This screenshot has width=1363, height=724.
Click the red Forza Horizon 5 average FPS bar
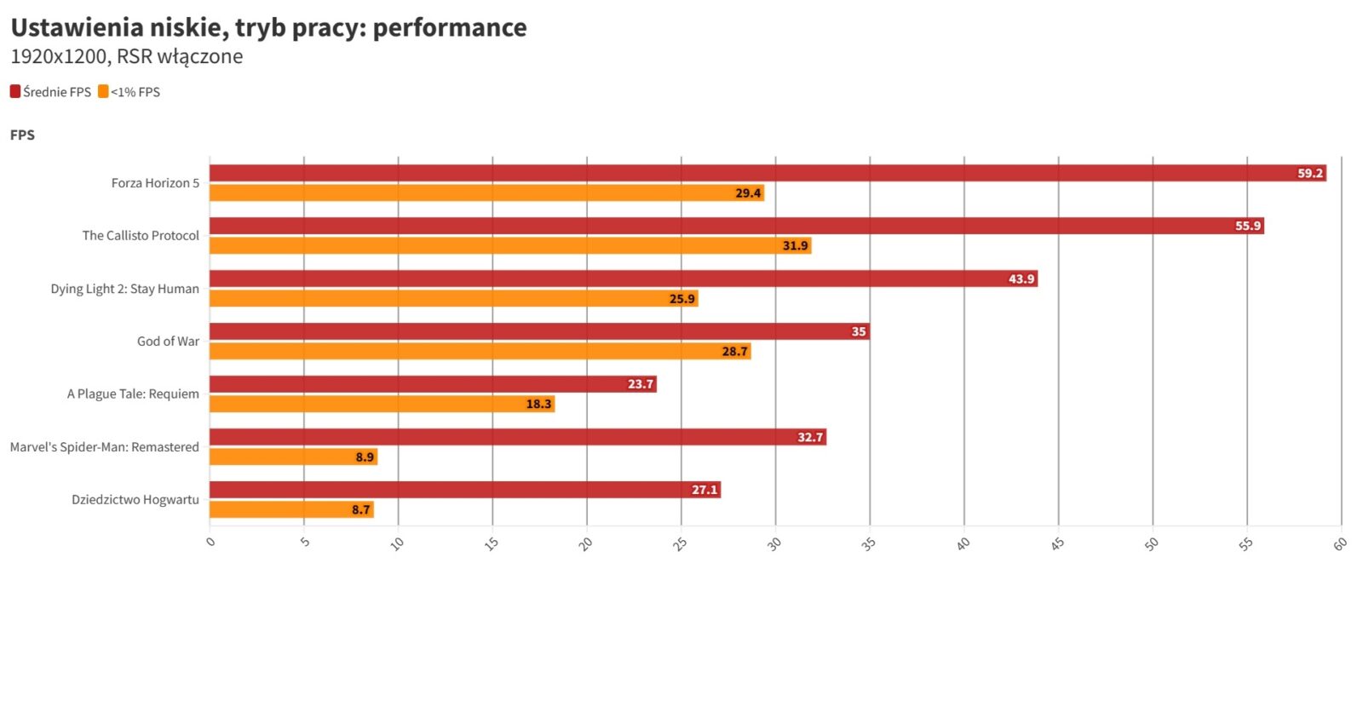pos(767,173)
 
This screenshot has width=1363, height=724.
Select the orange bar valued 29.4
pos(486,193)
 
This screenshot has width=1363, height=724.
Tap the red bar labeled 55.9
pos(736,226)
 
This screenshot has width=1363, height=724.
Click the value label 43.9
pos(1021,279)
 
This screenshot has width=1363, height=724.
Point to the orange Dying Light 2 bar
pos(453,299)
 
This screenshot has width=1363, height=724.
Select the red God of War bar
pos(538,331)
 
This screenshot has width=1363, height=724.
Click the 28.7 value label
pos(734,352)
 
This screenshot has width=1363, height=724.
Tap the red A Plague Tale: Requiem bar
pos(433,384)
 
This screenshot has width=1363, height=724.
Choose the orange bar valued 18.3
pos(382,405)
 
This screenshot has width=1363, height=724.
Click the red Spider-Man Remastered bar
pos(517,437)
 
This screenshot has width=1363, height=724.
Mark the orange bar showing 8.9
pos(293,457)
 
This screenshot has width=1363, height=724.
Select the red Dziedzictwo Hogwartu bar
pos(464,490)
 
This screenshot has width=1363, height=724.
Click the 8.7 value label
pos(361,510)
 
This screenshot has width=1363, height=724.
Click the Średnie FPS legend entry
pos(51,92)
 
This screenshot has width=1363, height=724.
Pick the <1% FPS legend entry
pos(129,92)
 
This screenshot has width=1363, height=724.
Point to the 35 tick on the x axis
pos(868,543)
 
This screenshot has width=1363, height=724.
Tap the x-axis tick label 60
pos(1340,543)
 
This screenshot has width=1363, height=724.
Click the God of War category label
pos(168,342)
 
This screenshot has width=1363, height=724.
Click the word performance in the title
pos(450,27)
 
